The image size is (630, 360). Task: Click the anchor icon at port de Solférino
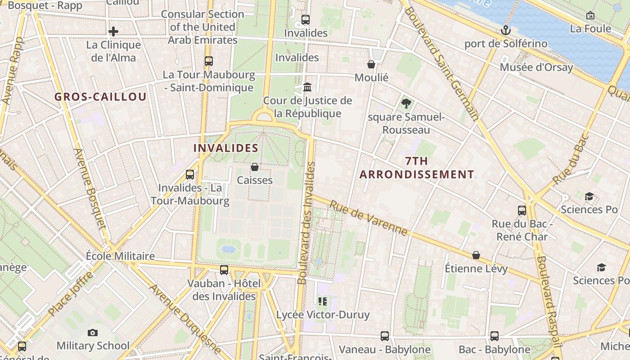pyautogui.click(x=506, y=30)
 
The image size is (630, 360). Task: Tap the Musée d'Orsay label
pyautogui.click(x=536, y=67)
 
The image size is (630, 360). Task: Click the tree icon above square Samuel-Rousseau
pyautogui.click(x=406, y=103)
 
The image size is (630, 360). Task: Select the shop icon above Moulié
pyautogui.click(x=371, y=64)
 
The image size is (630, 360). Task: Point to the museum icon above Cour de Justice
pyautogui.click(x=308, y=86)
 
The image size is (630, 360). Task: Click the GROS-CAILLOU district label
pyautogui.click(x=101, y=97)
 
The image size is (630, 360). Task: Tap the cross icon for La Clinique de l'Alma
pyautogui.click(x=113, y=31)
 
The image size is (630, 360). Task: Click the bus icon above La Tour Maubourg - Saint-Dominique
pyautogui.click(x=208, y=61)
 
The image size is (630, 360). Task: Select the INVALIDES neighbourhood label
pyautogui.click(x=226, y=148)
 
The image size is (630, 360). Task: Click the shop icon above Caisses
pyautogui.click(x=255, y=167)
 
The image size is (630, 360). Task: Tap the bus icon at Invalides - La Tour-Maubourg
pyautogui.click(x=190, y=174)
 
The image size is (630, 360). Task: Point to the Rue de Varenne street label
pyautogui.click(x=369, y=218)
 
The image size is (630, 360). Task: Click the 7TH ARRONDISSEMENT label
pyautogui.click(x=417, y=168)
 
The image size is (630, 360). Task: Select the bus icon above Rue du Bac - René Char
pyautogui.click(x=522, y=210)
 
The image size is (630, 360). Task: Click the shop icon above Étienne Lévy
pyautogui.click(x=476, y=255)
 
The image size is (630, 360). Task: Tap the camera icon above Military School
pyautogui.click(x=93, y=333)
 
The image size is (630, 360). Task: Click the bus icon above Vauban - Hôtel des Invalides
pyautogui.click(x=224, y=270)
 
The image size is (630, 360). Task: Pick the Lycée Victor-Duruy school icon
pyautogui.click(x=323, y=301)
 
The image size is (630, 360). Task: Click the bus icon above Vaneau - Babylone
pyautogui.click(x=385, y=336)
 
